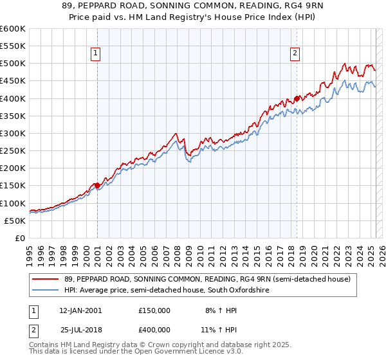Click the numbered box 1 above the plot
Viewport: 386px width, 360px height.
(95, 53)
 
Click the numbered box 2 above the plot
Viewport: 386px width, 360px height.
(295, 53)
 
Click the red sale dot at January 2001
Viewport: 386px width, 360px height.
(97, 185)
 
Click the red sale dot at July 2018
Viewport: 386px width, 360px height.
(297, 98)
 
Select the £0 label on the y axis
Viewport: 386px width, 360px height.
(19, 238)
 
